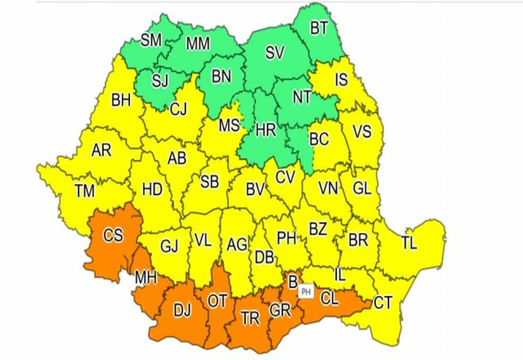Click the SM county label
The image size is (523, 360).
151,40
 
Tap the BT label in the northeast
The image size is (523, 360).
319,28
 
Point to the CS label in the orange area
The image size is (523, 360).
113,236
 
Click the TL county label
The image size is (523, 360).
410,243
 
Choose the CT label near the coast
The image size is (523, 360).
383,303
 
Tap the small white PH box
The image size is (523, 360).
305,292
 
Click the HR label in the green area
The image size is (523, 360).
266,130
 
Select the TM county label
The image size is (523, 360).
84,192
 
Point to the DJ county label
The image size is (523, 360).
182,311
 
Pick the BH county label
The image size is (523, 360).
121,101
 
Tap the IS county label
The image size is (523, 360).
341,80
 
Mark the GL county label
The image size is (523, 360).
361,188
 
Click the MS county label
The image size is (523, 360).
229,126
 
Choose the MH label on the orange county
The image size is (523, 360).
146,277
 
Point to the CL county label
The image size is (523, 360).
329,299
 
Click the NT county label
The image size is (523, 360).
301,97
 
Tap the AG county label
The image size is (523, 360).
237,244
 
